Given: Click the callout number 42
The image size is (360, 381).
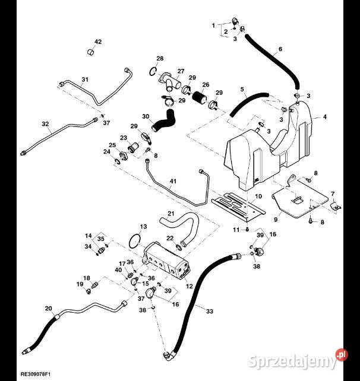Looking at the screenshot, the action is tap(98, 42).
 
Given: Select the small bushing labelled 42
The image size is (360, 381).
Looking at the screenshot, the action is tap(91, 52).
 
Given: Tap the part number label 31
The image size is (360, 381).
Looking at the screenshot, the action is tap(85, 80).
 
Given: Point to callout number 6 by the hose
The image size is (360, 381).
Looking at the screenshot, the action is tap(280, 49).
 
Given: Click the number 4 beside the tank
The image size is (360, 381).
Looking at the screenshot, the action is tap(325, 117).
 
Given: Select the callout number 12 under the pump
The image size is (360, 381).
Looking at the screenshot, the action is tap(190, 286).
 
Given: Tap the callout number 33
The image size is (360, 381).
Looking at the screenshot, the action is tap(210, 311).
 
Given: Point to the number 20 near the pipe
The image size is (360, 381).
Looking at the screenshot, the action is tap(48, 309).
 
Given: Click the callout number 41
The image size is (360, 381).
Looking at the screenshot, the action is tap(173, 181).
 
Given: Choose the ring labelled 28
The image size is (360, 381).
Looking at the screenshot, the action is tap(153, 71).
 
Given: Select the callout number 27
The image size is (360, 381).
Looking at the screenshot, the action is tap(181, 71).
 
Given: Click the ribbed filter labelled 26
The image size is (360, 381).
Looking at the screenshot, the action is tap(199, 97).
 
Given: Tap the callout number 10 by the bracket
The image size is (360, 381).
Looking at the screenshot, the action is tap(258, 196).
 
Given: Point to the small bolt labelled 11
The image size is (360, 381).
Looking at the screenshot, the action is tap(247, 229).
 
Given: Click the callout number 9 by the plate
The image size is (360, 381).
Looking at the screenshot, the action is tap(276, 220).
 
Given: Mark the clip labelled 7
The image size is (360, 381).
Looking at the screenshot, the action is tap(336, 207).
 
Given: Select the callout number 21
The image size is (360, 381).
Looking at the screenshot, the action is tap(171, 214).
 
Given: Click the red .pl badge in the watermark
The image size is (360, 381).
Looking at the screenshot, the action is tap(342, 355).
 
